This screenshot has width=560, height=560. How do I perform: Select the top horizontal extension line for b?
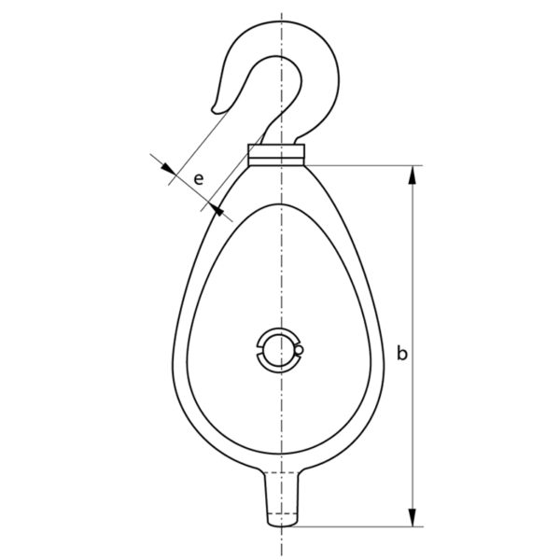[364, 165]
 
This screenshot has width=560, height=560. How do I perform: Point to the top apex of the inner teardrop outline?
[277, 202]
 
